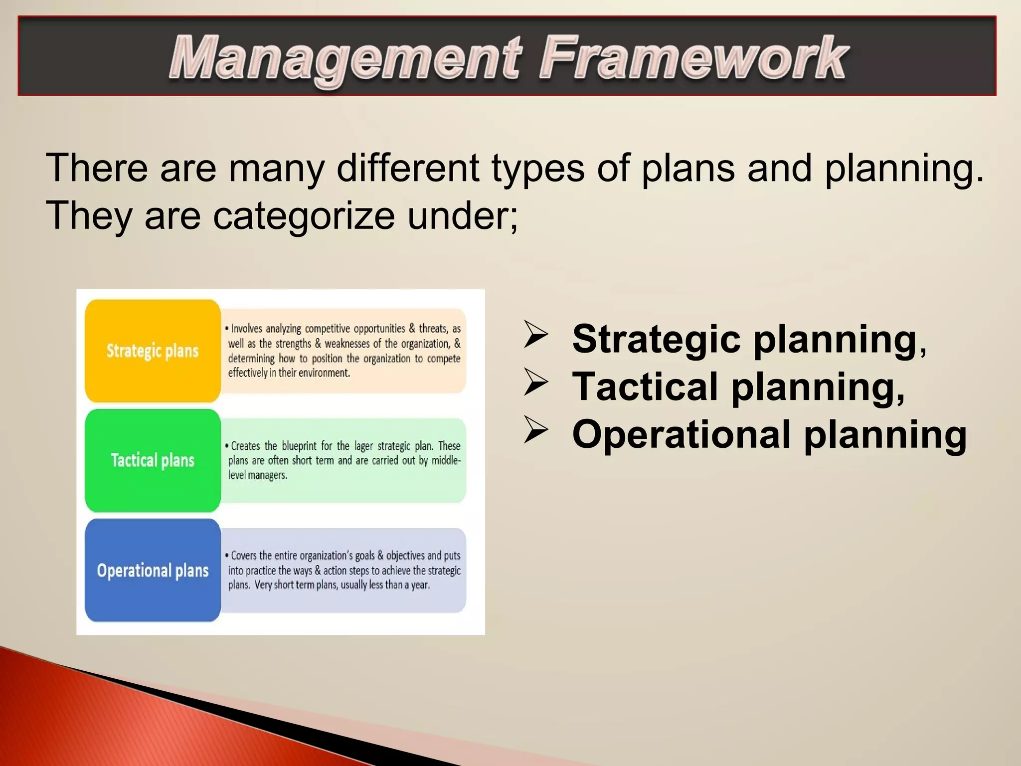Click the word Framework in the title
693,59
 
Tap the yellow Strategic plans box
153,351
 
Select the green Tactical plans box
153,460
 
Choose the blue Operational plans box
153,570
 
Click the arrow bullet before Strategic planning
536,336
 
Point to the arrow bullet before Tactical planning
536,383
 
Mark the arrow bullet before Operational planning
536,431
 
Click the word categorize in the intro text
304,215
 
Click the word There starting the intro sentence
97,168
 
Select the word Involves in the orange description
246,329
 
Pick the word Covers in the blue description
244,556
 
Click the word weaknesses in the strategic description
347,344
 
